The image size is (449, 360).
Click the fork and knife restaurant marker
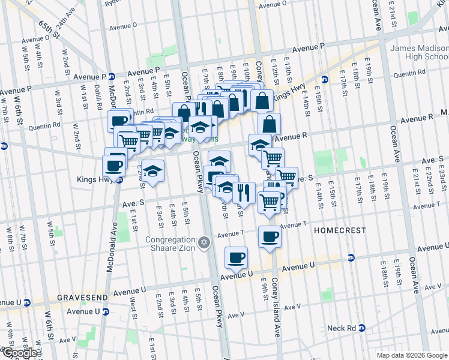(x=243, y=192)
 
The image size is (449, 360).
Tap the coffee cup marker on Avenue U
(x=236, y=258)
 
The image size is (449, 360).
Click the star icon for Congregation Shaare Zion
(x=204, y=242)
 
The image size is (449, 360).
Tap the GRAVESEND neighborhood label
(x=82, y=298)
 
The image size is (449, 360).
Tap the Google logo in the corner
(x=20, y=353)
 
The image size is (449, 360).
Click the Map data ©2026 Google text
(x=412, y=355)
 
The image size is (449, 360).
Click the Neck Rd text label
(x=342, y=328)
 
